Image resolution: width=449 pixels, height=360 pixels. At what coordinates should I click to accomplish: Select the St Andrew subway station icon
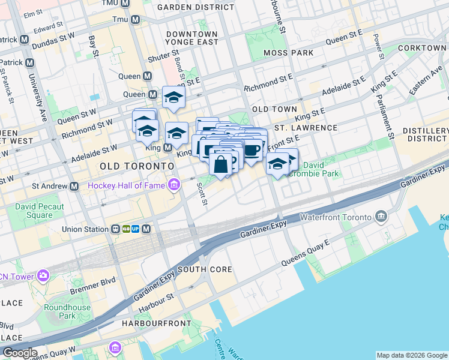click(x=74, y=187)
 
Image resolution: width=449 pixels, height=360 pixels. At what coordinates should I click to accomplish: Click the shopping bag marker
click(x=221, y=163)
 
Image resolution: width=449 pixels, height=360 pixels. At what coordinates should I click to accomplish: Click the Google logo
click(x=20, y=353)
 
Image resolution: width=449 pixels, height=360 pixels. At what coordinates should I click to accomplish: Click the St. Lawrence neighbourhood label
click(x=306, y=128)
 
